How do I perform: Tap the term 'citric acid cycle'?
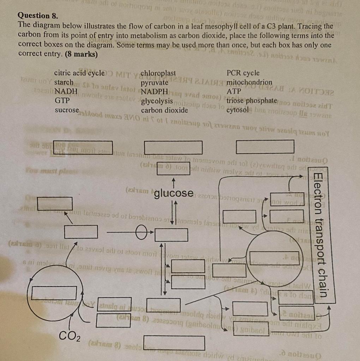click(x=79, y=73)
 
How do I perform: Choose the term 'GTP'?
click(x=62, y=100)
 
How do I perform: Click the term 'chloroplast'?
click(x=158, y=73)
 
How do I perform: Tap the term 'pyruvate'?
click(x=155, y=83)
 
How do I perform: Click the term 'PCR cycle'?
click(x=243, y=73)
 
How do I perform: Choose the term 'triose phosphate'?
click(x=251, y=101)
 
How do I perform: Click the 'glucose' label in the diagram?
click(x=174, y=193)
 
